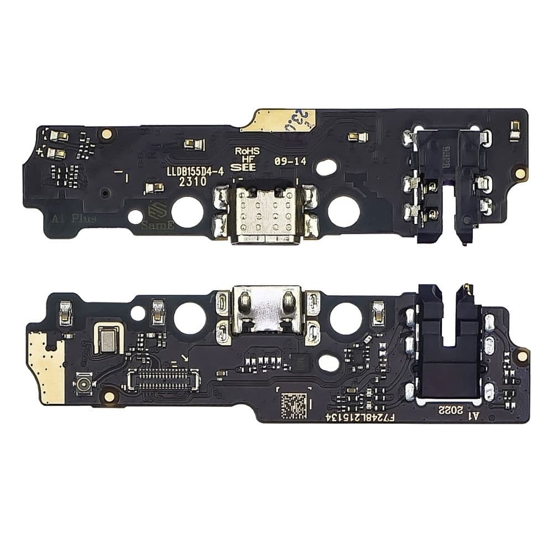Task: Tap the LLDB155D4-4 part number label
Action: click(x=195, y=172)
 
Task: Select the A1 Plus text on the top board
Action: click(x=74, y=218)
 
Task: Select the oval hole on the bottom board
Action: click(x=328, y=363)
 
